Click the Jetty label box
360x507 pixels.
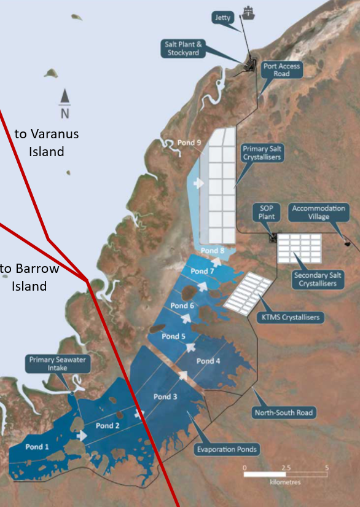[x=223, y=18]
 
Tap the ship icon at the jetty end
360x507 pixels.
[x=248, y=12]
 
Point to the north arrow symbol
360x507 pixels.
[x=65, y=103]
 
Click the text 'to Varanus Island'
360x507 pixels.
[x=47, y=142]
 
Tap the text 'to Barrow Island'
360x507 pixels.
[x=29, y=277]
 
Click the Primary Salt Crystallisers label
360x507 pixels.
[x=262, y=153]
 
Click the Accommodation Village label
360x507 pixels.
[x=319, y=213]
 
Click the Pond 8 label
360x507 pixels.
[x=213, y=251]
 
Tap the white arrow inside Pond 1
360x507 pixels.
[x=81, y=435]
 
